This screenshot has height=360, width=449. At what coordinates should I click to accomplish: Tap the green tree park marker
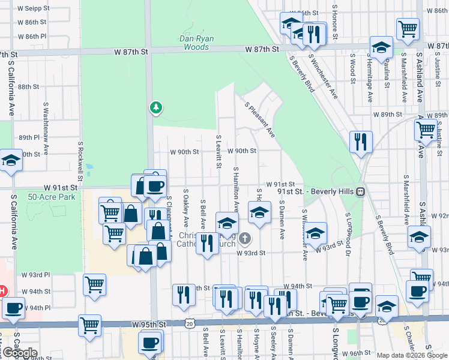tap(156, 107)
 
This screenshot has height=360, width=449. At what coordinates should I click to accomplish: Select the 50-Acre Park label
tap(44, 196)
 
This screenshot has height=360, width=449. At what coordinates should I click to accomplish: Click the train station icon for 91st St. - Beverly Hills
tap(360, 191)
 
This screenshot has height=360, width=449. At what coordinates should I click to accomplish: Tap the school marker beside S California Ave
tap(10, 161)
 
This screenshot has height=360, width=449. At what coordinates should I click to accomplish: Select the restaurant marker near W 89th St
tap(361, 142)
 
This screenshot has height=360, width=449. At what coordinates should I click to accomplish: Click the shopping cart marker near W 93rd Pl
tap(95, 284)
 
